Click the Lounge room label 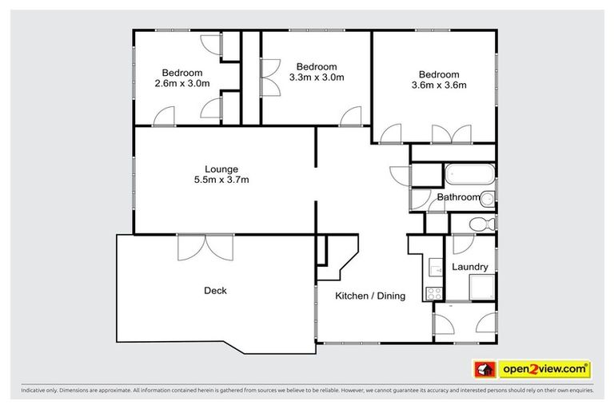(221, 169)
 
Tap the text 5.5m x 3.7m (221, 180)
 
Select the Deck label (215, 291)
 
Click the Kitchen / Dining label (369, 296)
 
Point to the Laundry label (470, 267)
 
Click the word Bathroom (458, 197)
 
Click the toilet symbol (480, 224)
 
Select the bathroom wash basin (488, 198)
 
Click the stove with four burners (436, 293)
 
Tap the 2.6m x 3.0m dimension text (182, 83)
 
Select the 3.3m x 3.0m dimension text (317, 77)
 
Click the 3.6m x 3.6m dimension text (438, 85)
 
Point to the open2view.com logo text (544, 369)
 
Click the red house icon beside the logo (484, 369)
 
